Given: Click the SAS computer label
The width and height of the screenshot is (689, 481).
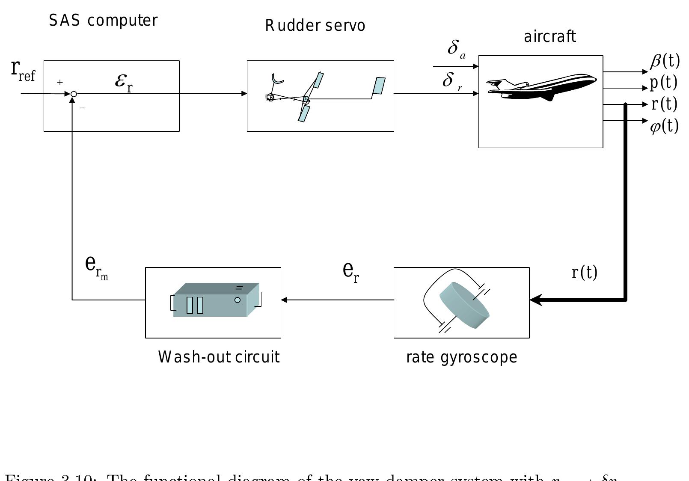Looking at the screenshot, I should [x=103, y=21].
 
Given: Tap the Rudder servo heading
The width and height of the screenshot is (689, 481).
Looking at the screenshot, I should [x=315, y=26].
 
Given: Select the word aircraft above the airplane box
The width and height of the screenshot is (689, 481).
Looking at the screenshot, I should [x=550, y=37].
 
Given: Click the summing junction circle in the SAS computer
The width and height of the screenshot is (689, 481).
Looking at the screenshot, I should [x=74, y=94].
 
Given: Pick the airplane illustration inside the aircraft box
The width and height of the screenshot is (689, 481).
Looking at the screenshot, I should [x=541, y=87].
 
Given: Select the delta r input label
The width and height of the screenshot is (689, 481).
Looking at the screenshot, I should [x=452, y=81].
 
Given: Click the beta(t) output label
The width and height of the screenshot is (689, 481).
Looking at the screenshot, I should [x=665, y=61].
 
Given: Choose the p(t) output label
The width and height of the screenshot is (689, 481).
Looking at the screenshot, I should [x=664, y=82].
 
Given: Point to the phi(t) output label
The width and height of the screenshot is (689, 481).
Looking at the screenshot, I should [x=664, y=126].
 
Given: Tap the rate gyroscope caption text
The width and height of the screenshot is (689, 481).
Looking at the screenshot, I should [x=461, y=357].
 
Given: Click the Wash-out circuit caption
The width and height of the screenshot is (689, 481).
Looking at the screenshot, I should [x=219, y=357].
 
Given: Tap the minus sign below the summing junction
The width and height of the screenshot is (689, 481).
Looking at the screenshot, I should [x=83, y=108].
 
